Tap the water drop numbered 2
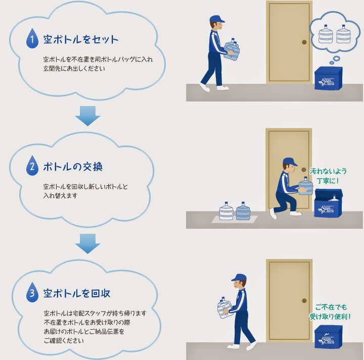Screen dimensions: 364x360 32,167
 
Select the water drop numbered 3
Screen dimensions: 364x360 32,293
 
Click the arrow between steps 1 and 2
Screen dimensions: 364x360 88,115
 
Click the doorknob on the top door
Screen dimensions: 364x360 304,41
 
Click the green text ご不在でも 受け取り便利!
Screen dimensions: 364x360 332,312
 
